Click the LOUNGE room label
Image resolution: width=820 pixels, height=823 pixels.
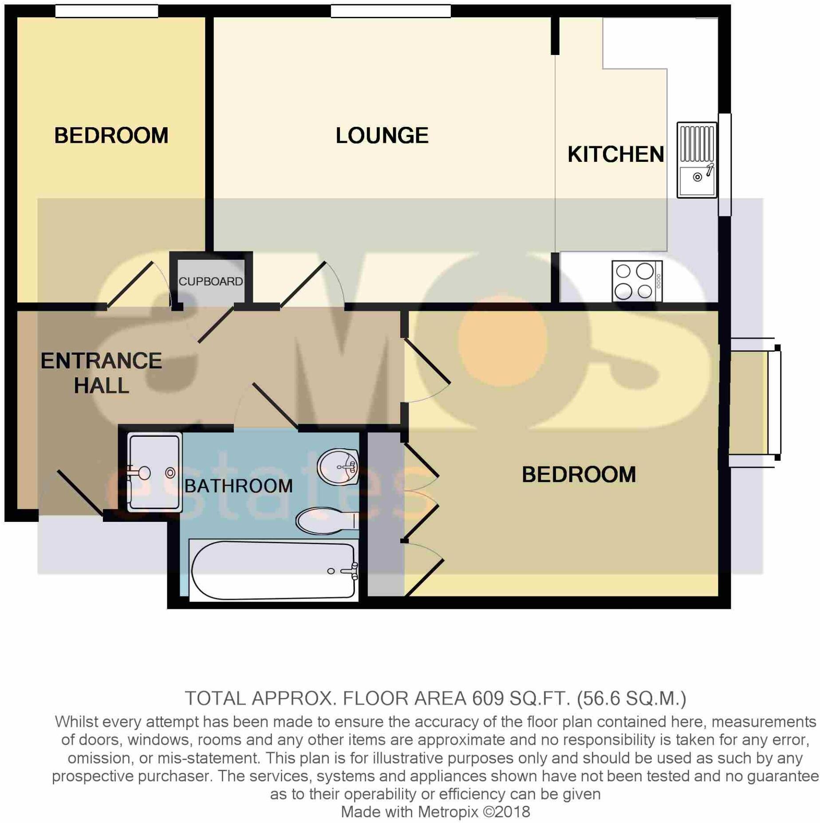pyautogui.click(x=382, y=135)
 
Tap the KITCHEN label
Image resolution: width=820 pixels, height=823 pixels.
pyautogui.click(x=615, y=154)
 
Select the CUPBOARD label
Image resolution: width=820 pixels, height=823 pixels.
pyautogui.click(x=211, y=282)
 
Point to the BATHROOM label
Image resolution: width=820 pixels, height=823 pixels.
pyautogui.click(x=238, y=486)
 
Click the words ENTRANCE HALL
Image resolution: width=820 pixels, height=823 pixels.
pyautogui.click(x=101, y=373)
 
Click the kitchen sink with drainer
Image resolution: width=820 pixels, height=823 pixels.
pyautogui.click(x=696, y=160)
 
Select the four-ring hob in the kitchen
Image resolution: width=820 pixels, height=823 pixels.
pyautogui.click(x=637, y=281)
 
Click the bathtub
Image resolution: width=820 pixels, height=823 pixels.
pyautogui.click(x=273, y=570)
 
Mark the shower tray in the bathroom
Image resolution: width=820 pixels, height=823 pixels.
pyautogui.click(x=154, y=472)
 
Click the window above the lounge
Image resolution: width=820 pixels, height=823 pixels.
pyautogui.click(x=390, y=11)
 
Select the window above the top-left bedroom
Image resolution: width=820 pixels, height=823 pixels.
pyautogui.click(x=106, y=11)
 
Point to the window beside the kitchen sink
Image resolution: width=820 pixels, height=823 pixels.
pyautogui.click(x=725, y=164)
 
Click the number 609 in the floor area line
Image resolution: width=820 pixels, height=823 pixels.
pyautogui.click(x=488, y=698)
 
